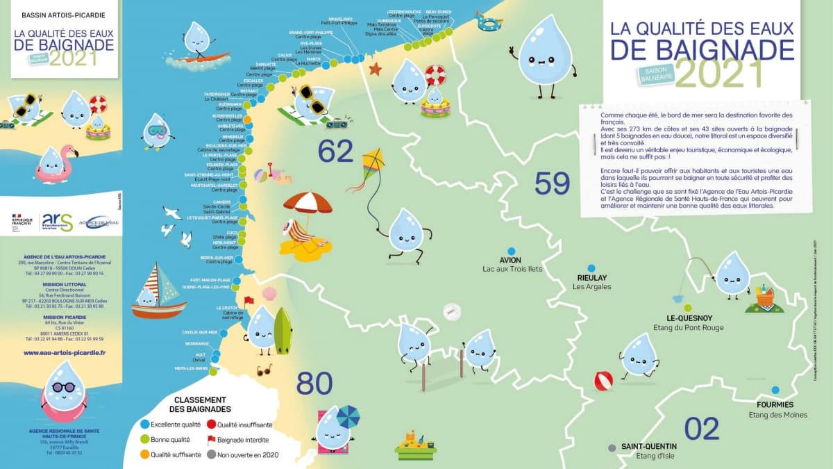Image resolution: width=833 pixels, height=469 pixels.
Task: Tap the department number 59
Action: tap(552, 184)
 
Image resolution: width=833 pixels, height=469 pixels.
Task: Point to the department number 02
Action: tap(702, 429)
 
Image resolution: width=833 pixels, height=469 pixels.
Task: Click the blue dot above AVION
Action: tap(511, 252)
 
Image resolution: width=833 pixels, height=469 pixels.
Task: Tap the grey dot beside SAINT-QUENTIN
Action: tap(612, 447)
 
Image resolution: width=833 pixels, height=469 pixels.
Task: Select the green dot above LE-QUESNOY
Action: tap(688, 308)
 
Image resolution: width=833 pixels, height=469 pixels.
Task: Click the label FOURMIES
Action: tap(775, 404)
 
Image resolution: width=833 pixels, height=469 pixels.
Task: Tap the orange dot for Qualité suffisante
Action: tap(145, 455)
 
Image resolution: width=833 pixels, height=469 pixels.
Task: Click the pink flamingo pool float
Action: tap(56, 164)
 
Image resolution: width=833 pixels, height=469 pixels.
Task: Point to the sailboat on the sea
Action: tap(159, 292)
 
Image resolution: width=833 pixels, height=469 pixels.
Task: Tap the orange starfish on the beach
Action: tap(375, 69)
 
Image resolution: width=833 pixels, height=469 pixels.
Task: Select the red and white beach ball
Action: tap(603, 381)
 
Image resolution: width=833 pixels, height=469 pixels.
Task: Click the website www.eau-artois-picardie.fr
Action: tap(64, 353)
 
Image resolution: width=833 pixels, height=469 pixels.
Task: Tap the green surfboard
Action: tap(283, 331)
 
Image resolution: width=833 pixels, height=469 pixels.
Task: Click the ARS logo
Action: tap(57, 222)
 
